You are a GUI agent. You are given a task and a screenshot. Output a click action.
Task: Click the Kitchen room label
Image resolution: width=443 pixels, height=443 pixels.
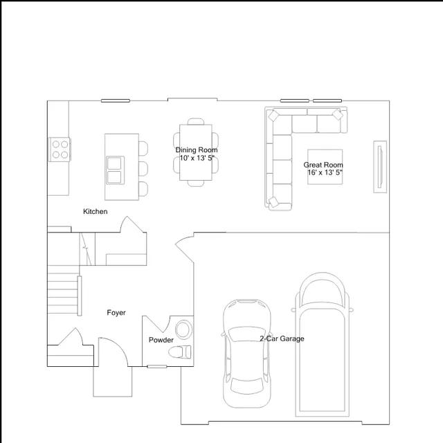point(96,211)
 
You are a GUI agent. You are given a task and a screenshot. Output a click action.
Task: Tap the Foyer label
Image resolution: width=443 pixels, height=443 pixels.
point(116,312)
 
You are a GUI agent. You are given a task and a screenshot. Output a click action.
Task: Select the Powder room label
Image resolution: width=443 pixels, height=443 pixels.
point(161,340)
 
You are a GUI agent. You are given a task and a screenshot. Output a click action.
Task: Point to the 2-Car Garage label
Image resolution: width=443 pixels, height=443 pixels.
point(282,338)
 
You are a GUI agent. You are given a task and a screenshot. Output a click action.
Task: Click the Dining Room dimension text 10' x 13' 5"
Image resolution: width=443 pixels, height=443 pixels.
point(197,158)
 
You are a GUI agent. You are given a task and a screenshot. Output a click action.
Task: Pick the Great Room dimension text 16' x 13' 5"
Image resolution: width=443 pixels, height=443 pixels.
point(325,172)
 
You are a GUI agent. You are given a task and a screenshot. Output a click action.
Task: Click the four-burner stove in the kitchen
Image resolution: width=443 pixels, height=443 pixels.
point(60,150)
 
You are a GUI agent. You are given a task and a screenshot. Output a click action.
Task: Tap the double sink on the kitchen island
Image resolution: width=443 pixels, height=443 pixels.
point(115,170)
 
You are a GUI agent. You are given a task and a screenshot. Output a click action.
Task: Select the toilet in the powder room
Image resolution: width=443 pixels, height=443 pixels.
point(180,352)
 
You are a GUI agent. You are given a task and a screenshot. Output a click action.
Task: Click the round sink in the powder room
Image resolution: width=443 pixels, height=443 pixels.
point(183,329)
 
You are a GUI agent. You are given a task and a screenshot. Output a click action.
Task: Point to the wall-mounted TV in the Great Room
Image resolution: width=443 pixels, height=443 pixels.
point(380,167)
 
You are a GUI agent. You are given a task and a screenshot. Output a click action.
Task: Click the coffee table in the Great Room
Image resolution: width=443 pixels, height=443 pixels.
point(325,167)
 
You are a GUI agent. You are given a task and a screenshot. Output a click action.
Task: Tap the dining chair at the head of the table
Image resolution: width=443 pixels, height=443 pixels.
point(196,121)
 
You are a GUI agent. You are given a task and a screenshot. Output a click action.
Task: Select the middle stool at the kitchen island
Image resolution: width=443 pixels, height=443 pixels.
point(143,168)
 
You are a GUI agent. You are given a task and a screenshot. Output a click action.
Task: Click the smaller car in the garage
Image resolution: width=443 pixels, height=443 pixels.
point(246,353)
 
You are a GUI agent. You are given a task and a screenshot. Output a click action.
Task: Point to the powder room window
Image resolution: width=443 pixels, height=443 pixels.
point(157,366)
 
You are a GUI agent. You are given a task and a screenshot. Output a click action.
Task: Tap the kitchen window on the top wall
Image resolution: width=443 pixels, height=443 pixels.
point(116,100)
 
